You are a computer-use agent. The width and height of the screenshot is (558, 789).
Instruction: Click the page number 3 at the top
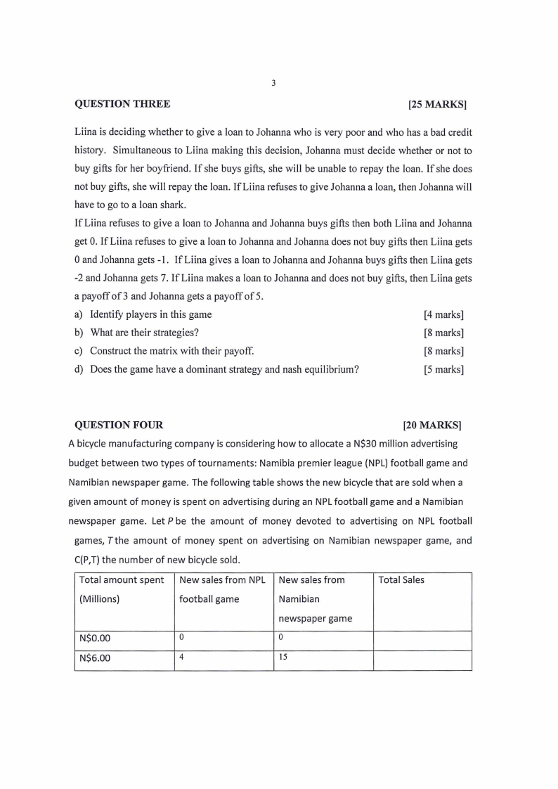click(x=273, y=83)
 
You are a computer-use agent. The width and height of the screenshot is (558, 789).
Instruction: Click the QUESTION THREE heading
click(x=122, y=104)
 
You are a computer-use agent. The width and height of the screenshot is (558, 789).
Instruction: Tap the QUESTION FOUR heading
click(x=119, y=425)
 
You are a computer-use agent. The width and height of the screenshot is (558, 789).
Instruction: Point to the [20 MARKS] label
click(x=432, y=425)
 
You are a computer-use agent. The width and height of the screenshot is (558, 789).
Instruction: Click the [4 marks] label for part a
click(x=443, y=315)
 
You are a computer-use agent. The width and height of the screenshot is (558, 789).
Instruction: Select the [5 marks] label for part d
click(x=443, y=369)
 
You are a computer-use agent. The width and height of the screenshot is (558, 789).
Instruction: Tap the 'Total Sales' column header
click(x=401, y=580)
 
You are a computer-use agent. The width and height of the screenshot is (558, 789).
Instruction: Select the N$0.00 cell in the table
click(x=96, y=639)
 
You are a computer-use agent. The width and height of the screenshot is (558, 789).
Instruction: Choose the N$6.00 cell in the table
click(x=96, y=660)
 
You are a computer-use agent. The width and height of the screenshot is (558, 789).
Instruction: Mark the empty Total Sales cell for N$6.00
click(x=422, y=660)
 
